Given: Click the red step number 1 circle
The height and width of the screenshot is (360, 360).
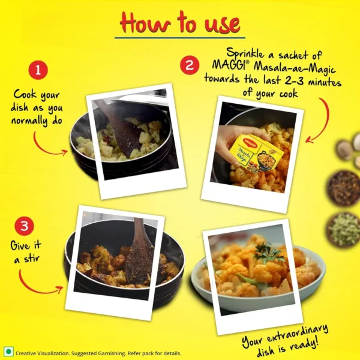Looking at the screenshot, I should (x=38, y=70).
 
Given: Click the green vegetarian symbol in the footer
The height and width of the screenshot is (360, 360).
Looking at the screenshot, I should (x=8, y=352).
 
